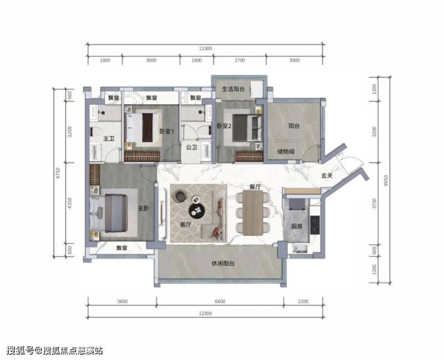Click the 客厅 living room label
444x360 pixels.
(186, 224)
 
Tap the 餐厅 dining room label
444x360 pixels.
(255, 187)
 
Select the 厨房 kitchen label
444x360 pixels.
(297, 226)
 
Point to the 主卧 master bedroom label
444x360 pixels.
(143, 208)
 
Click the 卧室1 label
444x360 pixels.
(167, 131)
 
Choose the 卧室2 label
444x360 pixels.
(224, 126)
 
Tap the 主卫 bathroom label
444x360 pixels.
(109, 139)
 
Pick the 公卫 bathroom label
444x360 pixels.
(192, 147)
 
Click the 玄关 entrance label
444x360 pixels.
(327, 176)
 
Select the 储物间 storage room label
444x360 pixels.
(286, 152)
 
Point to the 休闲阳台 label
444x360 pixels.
(223, 263)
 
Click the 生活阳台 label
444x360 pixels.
(233, 89)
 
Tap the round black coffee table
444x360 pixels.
(197, 211)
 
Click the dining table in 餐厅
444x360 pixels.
(253, 213)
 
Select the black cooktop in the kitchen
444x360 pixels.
(315, 225)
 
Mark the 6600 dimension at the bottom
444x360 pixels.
(220, 301)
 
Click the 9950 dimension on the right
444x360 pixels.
(386, 181)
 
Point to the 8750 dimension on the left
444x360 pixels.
(58, 173)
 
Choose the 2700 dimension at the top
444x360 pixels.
(240, 60)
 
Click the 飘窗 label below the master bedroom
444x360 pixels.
(122, 248)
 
